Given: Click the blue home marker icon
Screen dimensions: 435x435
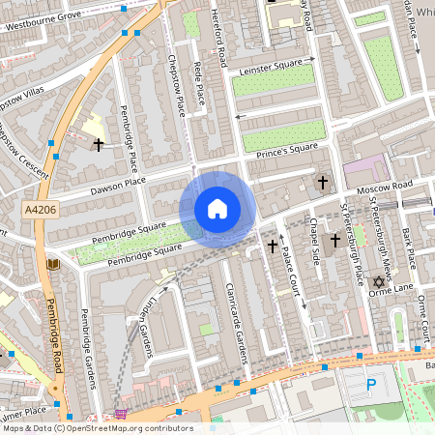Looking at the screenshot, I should pos(217,209).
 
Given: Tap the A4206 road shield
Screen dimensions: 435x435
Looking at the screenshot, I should pos(40,209).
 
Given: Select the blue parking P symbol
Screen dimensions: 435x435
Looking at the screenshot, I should pos(372,385).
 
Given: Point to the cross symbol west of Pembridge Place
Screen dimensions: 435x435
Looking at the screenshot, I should pos(98,145).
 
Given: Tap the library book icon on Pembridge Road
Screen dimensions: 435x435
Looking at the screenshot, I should pos(52,264).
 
